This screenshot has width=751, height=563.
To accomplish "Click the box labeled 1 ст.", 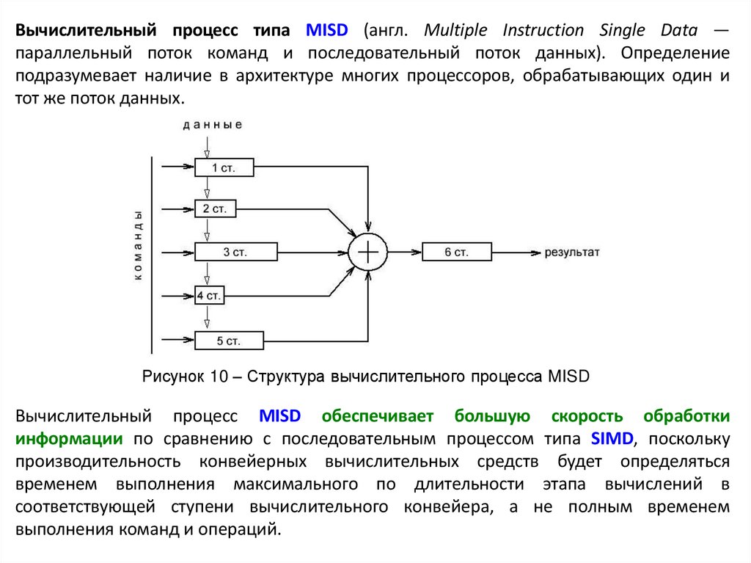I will pyautogui.click(x=224, y=167).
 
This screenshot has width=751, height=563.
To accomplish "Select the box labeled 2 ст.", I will pyautogui.click(x=216, y=209).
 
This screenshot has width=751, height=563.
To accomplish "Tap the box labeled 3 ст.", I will pyautogui.click(x=235, y=252).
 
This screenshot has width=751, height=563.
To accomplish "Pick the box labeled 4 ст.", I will pyautogui.click(x=210, y=296).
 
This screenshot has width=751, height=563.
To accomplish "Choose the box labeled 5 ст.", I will pyautogui.click(x=228, y=341).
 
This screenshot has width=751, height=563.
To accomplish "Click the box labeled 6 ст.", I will pyautogui.click(x=456, y=252).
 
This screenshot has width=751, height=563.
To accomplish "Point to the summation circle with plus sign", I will pyautogui.click(x=367, y=252).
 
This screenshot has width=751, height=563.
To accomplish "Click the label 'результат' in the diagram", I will pyautogui.click(x=572, y=252).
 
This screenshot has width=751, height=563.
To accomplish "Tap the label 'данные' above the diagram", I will pyautogui.click(x=213, y=125).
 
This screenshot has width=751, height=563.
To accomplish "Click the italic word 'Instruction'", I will pyautogui.click(x=543, y=31).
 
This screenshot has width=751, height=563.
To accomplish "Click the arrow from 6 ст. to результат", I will pyautogui.click(x=515, y=252).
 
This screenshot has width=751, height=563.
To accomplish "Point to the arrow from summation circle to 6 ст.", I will pyautogui.click(x=404, y=252).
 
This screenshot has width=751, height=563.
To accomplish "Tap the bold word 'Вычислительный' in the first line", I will pyautogui.click(x=87, y=31).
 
